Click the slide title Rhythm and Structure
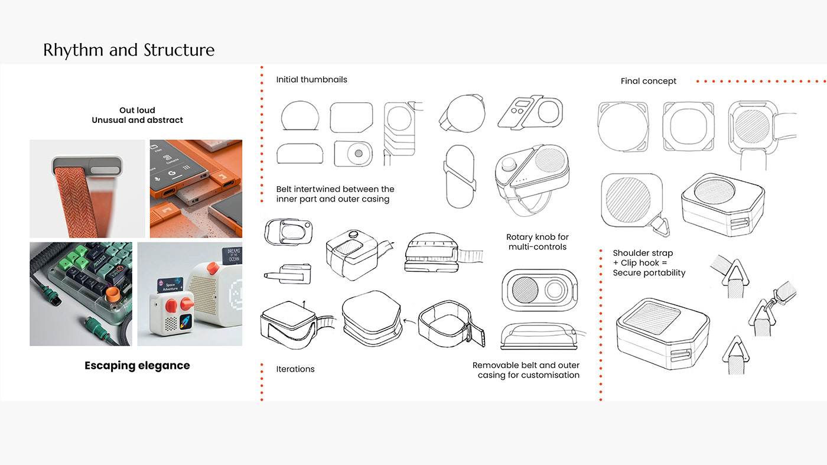[x=129, y=50]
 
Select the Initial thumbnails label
[x=311, y=79]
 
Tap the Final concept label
[x=648, y=81]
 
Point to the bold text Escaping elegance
[x=137, y=365]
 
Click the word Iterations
[x=295, y=369]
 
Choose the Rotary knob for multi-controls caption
[x=537, y=242]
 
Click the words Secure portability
[x=649, y=272]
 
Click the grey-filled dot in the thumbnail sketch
[x=358, y=154]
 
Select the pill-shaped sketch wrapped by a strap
[x=459, y=176]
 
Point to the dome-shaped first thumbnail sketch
[x=301, y=116]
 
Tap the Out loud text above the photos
[x=137, y=110]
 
